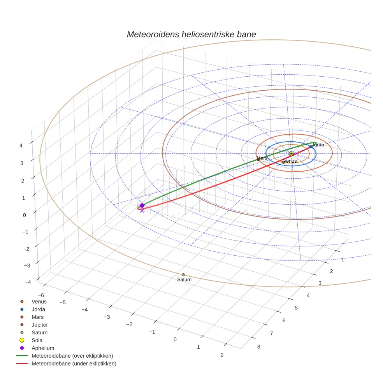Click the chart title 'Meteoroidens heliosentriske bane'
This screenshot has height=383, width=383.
click(x=191, y=34)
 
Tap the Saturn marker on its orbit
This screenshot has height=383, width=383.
click(x=183, y=275)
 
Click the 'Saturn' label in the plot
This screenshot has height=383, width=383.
click(x=184, y=279)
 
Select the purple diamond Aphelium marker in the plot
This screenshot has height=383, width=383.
click(x=142, y=205)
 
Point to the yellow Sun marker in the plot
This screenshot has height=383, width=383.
click(x=291, y=154)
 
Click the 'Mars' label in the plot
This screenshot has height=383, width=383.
click(x=262, y=158)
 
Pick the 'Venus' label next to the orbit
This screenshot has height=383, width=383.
click(x=290, y=161)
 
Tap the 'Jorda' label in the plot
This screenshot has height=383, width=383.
click(x=318, y=145)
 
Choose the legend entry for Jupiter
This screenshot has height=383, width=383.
click(x=40, y=325)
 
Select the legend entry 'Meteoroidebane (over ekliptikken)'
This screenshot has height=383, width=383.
click(x=72, y=356)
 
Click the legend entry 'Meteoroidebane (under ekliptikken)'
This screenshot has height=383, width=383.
click(x=74, y=364)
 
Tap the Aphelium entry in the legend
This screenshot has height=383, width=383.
click(x=42, y=348)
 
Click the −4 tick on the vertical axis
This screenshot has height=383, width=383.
click(x=28, y=282)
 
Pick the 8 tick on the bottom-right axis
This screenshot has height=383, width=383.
click(x=258, y=347)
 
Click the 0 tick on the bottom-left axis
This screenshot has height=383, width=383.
click(x=175, y=339)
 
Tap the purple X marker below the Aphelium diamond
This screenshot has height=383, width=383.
click(x=142, y=210)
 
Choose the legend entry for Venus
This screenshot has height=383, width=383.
click(x=39, y=301)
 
